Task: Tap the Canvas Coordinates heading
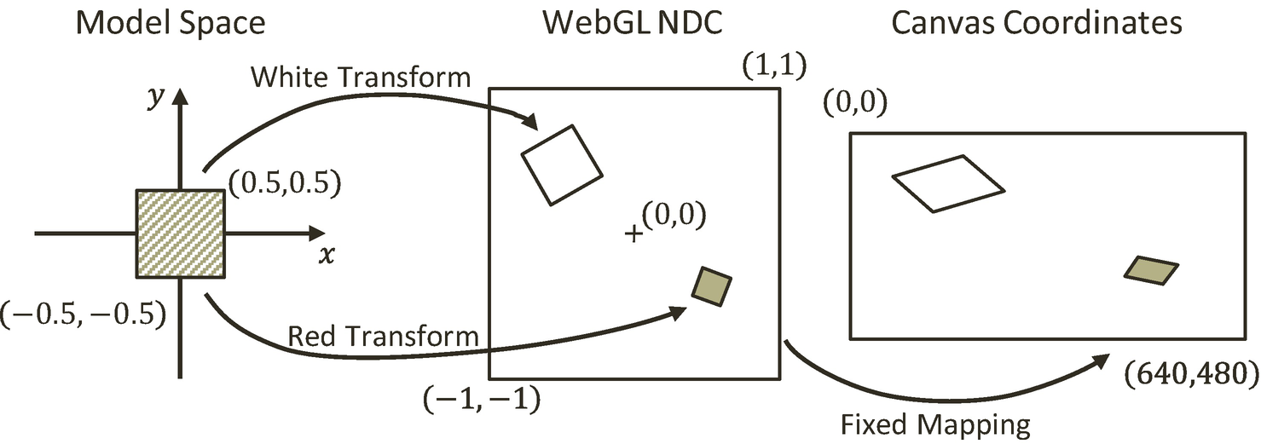1036,23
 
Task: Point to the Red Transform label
384,336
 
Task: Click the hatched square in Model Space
180,234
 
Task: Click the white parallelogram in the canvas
948,182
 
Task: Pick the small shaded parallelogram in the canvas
1151,269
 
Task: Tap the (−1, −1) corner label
480,399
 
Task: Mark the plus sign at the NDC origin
633,233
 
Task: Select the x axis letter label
327,255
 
